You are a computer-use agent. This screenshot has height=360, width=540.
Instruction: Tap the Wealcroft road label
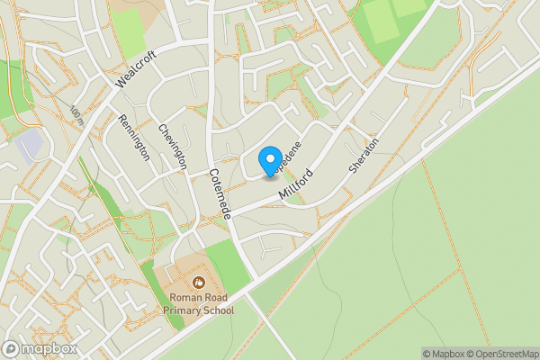coord(137,68)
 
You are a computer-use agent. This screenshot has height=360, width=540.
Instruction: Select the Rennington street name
coord(132,137)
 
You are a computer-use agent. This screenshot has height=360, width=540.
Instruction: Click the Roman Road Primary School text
coord(200,304)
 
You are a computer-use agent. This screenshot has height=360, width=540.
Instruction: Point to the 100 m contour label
coord(76,113)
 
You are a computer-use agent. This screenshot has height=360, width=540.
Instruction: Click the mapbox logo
coord(40,348)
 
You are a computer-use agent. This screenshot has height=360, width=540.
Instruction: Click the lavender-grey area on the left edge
coord(29,142)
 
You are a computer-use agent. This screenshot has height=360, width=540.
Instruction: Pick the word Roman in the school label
coord(184,298)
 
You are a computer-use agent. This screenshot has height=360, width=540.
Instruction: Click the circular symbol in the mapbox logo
coord(12,348)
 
